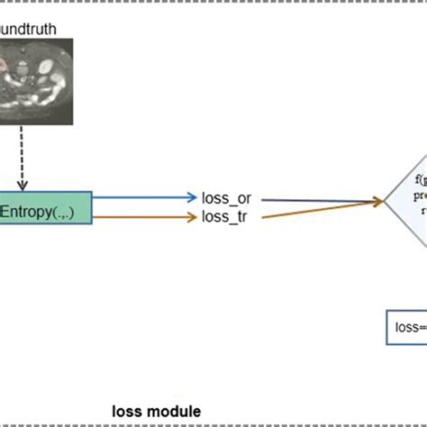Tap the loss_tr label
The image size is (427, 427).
225,217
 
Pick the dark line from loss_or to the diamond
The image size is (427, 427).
315,200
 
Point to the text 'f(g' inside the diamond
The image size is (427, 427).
420,178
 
